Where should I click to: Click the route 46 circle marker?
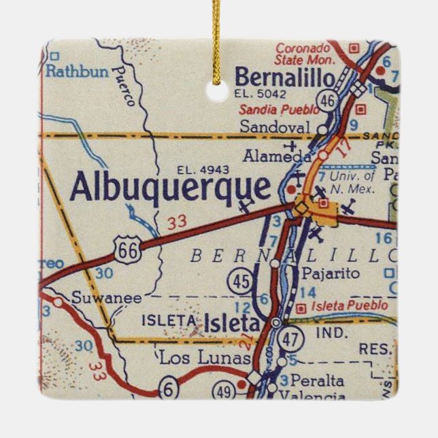[x=328, y=101]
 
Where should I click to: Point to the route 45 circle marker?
[x=239, y=281]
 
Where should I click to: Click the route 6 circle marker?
[x=169, y=389]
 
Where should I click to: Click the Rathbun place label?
[x=78, y=71]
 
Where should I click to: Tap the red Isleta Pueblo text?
[x=349, y=306]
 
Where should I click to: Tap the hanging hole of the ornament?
[x=218, y=90]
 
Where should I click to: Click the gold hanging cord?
[x=217, y=34]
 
